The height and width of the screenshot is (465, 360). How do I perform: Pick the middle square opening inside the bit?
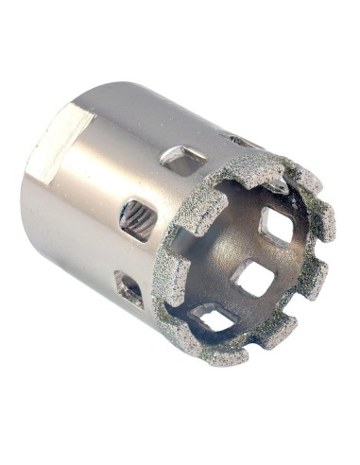(253, 277)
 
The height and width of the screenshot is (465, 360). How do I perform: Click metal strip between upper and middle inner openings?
(267, 251)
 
